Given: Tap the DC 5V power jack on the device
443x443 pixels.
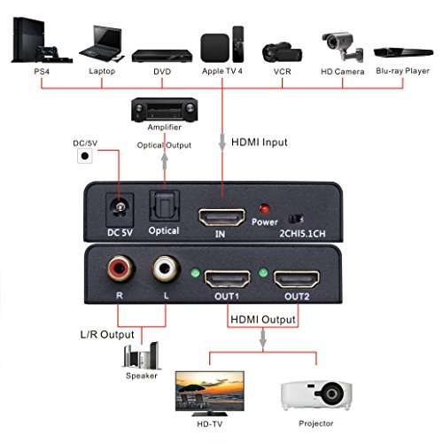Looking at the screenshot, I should [115, 208].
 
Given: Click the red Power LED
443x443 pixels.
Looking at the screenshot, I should [263, 209].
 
